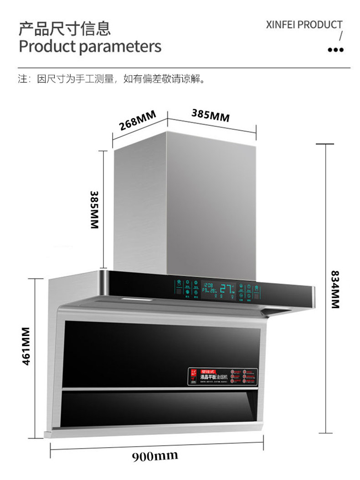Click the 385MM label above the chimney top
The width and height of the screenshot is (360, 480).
(x=210, y=115)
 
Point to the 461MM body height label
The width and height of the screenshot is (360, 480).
(x=26, y=346)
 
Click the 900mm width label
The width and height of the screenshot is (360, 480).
(x=155, y=456)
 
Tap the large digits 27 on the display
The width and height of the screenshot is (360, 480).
(x=226, y=288)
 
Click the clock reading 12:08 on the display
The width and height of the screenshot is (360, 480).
(x=208, y=284)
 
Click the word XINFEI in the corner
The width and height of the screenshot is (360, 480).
(x=281, y=25)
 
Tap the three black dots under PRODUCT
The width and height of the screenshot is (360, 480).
(x=336, y=50)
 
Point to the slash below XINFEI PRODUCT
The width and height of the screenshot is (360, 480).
(x=340, y=36)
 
